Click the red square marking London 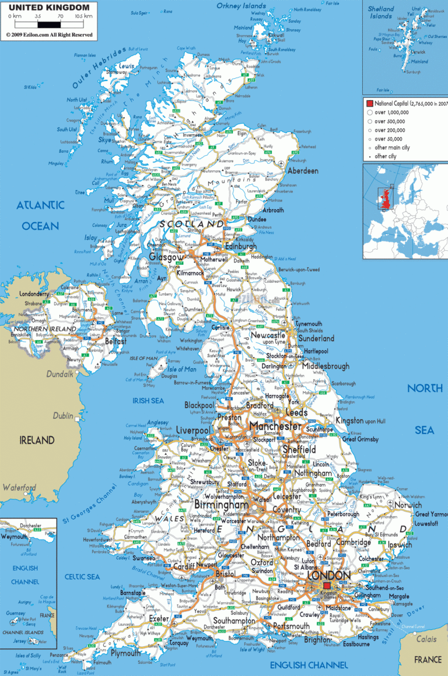[x=327, y=586]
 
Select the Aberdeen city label [x=303, y=171]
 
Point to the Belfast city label [x=116, y=342]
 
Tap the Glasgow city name [x=166, y=257]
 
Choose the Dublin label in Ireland [x=62, y=416]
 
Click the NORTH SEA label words [x=424, y=409]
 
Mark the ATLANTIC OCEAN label [x=40, y=215]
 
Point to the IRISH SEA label [x=148, y=401]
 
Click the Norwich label [x=408, y=505]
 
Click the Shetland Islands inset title [x=381, y=12]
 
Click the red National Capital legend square [x=369, y=103]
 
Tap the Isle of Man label [x=181, y=369]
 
